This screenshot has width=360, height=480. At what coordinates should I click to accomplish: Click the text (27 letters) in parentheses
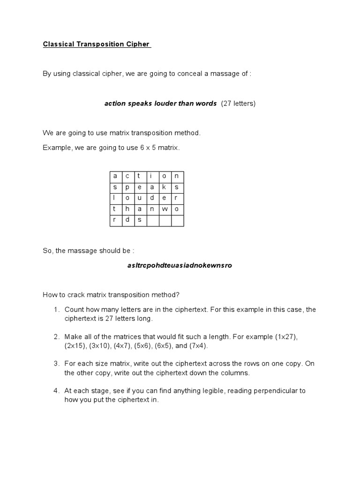tap(238, 104)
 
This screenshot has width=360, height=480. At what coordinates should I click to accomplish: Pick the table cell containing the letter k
tap(165, 187)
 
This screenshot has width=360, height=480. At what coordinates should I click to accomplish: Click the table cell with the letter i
tap(152, 176)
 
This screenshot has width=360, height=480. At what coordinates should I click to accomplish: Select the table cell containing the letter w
tap(165, 209)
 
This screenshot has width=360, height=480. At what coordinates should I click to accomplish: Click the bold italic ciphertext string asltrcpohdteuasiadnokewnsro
tap(180, 265)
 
